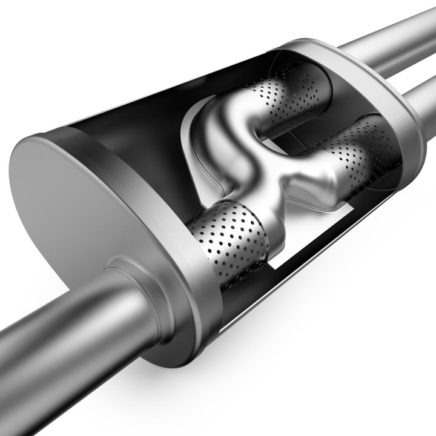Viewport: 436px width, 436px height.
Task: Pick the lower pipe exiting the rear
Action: [x=421, y=97]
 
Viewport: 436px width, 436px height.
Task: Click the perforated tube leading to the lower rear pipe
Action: [x=357, y=145]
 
